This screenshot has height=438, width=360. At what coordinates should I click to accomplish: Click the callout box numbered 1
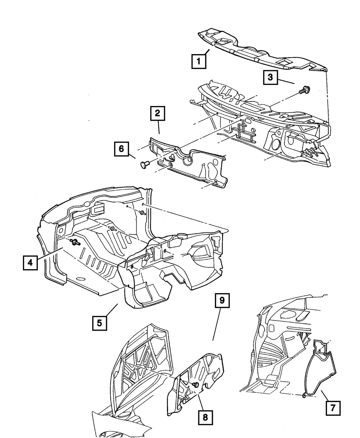point(198,61)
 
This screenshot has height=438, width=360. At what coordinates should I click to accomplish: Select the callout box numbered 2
point(157,114)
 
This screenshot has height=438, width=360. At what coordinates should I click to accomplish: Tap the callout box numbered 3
point(270,77)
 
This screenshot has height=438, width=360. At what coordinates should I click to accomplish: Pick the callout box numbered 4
point(30,263)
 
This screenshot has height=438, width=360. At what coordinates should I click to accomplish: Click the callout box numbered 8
point(205,417)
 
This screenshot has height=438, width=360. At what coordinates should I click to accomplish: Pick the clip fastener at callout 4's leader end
point(75,242)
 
